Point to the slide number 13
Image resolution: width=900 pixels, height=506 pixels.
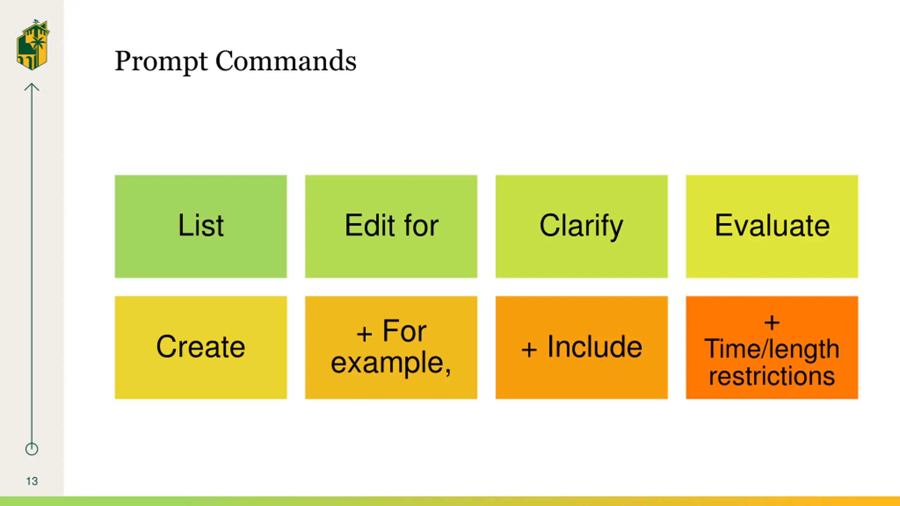[32, 481]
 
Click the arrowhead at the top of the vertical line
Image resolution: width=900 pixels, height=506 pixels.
[32, 86]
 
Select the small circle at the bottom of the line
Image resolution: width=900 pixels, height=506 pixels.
[32, 449]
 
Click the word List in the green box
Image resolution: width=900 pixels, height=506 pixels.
[201, 225]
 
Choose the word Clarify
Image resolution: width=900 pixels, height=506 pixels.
[581, 226]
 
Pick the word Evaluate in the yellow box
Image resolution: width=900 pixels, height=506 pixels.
[772, 225]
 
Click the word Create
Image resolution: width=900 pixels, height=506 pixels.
[201, 347]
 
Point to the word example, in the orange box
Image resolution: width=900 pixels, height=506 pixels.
[391, 362]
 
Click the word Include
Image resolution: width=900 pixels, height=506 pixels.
[595, 347]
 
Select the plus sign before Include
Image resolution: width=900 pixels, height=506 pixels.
[529, 349]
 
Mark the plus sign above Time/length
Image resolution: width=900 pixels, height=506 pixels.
[772, 323]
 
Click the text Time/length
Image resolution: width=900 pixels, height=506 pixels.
[772, 349]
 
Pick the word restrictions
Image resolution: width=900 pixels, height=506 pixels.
[772, 376]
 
